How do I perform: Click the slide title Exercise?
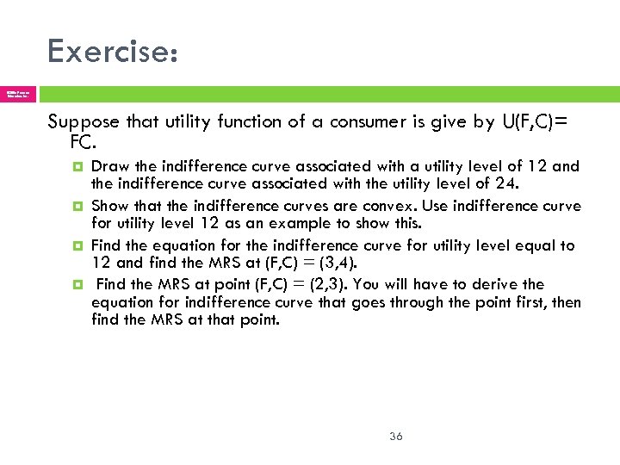coord(113,52)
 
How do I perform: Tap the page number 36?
coord(396,437)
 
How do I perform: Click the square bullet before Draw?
coord(78,166)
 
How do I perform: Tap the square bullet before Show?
coord(78,206)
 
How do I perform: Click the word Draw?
coord(108,166)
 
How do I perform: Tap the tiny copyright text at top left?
coord(17,93)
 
